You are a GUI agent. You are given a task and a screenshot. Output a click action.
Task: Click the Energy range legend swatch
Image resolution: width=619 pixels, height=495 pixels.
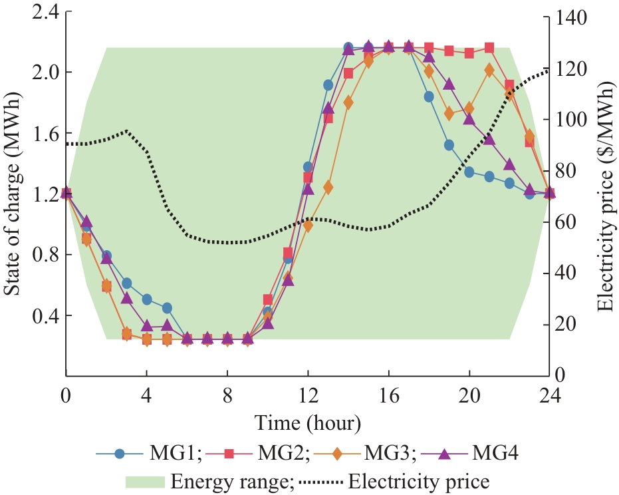tap(144, 480)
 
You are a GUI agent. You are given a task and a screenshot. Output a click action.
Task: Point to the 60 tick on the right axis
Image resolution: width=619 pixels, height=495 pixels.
tap(560, 222)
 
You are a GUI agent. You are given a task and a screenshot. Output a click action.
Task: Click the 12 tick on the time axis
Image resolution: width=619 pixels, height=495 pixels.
tap(308, 395)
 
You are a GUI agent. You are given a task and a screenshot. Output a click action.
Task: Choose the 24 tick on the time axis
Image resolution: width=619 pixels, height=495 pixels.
tap(550, 395)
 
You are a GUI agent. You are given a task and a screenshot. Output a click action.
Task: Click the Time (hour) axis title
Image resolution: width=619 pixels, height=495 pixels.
tap(307, 422)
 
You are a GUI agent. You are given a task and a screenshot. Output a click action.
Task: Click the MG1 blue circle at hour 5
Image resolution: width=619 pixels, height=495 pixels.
tap(167, 308)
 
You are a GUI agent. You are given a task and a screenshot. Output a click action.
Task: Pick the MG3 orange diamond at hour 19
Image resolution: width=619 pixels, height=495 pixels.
tap(449, 114)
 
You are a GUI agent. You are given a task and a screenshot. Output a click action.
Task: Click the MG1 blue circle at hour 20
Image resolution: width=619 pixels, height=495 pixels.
tap(469, 172)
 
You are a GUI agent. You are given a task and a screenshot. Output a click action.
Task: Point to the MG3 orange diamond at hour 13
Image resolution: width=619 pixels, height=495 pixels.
tap(328, 188)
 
